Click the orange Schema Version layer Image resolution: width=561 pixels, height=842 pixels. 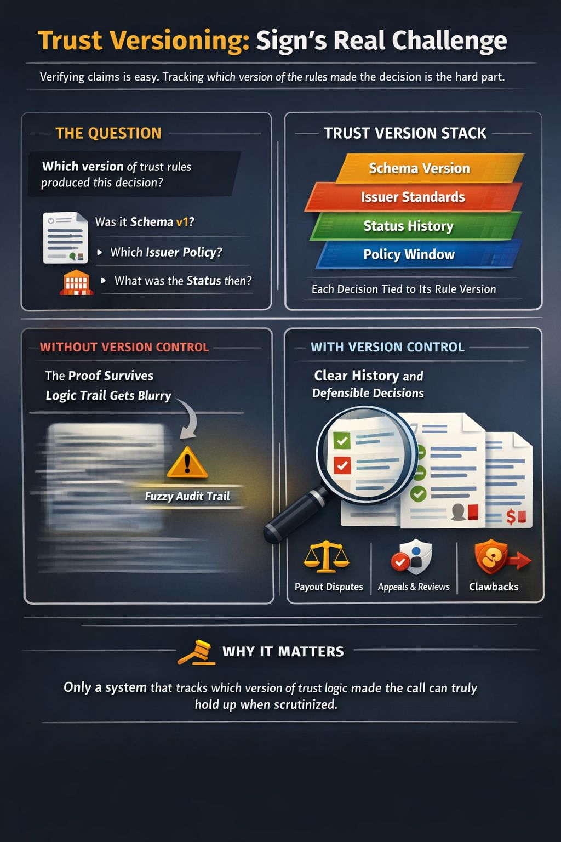[x=419, y=168]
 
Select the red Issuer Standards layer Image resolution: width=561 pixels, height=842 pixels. [x=413, y=197]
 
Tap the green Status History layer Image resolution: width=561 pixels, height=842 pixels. [x=409, y=226]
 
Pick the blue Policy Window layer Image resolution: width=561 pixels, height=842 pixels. [x=409, y=254]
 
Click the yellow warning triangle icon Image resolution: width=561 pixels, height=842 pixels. [x=187, y=464]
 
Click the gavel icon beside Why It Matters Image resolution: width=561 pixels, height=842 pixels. [x=196, y=652]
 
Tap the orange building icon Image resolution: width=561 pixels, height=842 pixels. [x=76, y=282]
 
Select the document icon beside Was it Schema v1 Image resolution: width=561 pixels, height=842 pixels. [x=65, y=237]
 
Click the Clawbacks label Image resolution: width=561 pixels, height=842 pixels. [x=494, y=587]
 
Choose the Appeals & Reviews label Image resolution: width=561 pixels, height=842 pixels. [x=414, y=587]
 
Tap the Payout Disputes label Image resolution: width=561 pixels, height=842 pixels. [x=329, y=587]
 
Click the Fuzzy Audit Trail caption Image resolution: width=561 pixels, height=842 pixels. [x=187, y=497]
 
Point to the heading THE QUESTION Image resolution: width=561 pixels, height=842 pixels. [x=108, y=133]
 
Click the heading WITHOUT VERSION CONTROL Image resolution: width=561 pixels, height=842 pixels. [x=124, y=347]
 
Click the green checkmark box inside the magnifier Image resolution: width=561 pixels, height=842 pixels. [x=342, y=440]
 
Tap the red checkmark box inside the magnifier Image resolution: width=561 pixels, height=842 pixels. [x=342, y=465]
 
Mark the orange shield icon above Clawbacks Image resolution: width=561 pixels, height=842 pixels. [x=491, y=556]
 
